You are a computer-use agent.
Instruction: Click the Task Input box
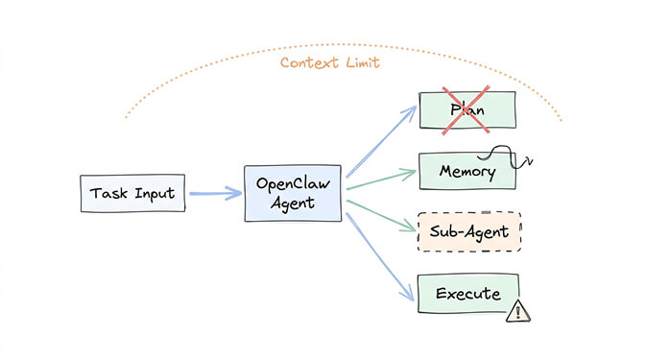tap(132, 194)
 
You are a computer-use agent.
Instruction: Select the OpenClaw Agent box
tap(293, 193)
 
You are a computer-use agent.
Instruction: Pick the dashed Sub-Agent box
tap(468, 231)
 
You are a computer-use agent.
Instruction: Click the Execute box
tap(467, 294)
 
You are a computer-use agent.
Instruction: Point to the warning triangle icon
tap(518, 310)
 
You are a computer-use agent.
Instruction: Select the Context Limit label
tap(330, 63)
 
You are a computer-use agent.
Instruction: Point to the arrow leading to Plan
tap(380, 144)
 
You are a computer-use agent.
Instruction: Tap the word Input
tap(154, 194)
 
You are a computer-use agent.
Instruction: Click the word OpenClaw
tap(293, 183)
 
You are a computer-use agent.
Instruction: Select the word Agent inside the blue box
tap(293, 204)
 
